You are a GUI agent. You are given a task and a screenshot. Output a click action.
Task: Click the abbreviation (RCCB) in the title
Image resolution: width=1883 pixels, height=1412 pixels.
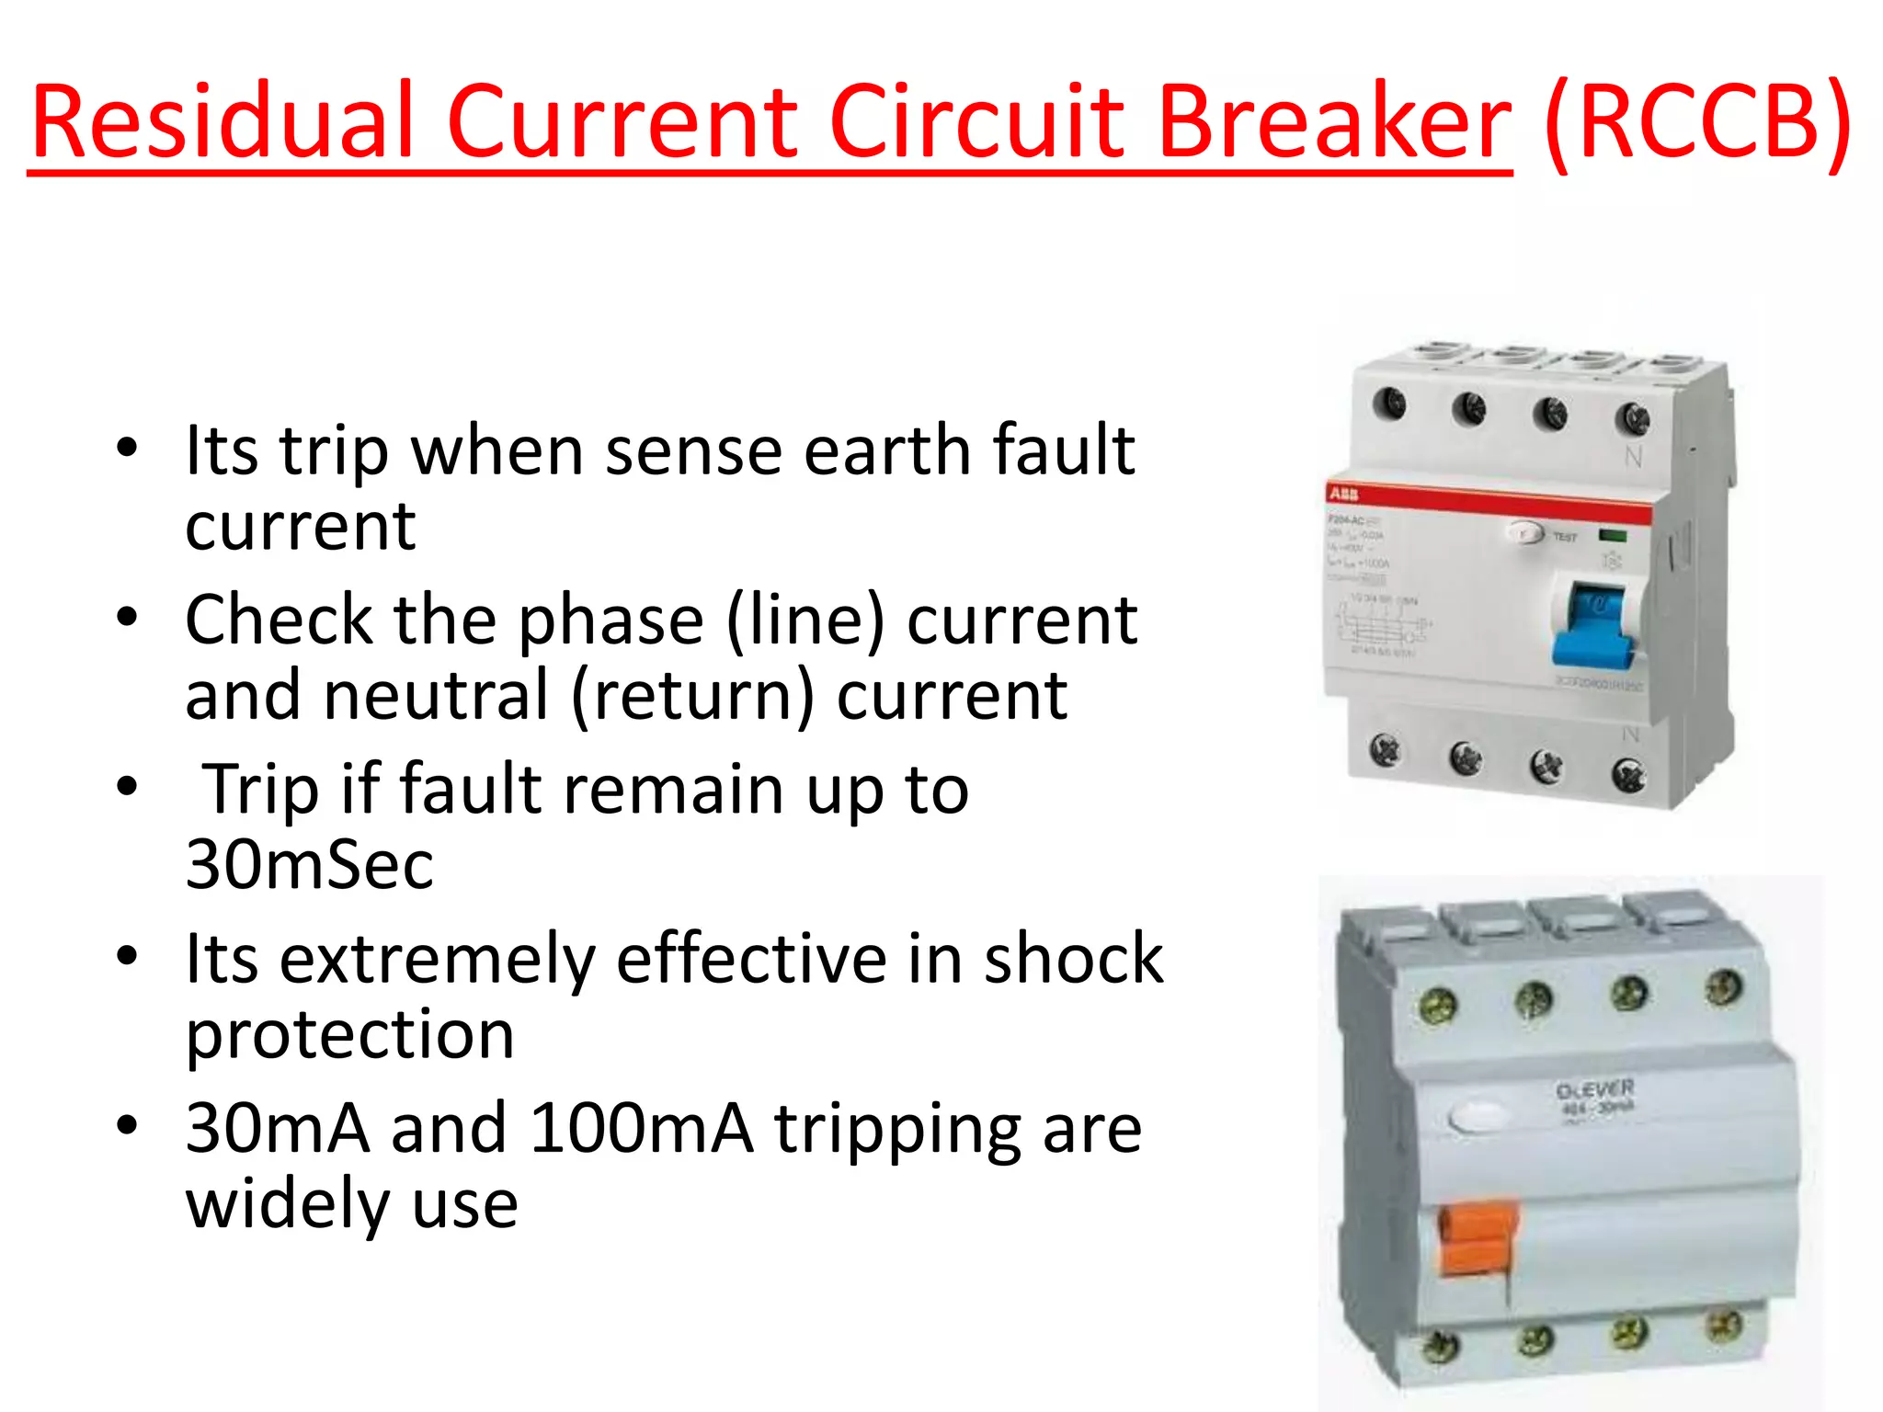(x=1697, y=122)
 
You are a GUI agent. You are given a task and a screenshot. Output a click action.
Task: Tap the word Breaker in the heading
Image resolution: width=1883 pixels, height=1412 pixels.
(x=1334, y=122)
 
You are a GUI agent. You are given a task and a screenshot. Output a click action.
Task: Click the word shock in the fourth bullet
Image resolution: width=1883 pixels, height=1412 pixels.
(x=1073, y=959)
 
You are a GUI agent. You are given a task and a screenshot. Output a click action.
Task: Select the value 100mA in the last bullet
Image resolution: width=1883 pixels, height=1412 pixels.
(x=641, y=1128)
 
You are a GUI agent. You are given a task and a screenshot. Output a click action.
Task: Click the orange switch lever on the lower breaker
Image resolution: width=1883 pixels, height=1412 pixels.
(x=1477, y=1241)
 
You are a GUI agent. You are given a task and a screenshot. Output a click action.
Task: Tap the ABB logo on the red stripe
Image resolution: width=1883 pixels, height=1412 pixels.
(x=1343, y=495)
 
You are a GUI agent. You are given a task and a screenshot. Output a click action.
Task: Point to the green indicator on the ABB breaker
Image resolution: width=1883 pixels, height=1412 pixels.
(x=1613, y=535)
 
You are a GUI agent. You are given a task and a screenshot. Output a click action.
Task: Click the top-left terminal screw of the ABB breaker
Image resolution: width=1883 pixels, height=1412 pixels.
(x=1389, y=403)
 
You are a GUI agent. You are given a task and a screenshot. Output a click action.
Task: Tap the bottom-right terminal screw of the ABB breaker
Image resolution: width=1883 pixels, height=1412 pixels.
(x=1628, y=775)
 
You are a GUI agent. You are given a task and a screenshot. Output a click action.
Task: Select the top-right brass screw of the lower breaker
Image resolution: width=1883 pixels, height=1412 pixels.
(x=1723, y=989)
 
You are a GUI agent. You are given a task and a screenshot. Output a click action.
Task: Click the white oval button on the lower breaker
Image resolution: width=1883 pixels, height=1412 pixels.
(x=1478, y=1117)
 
